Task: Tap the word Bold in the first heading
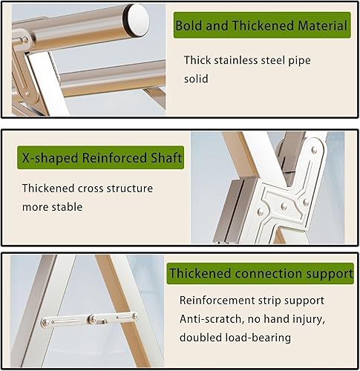click(189, 27)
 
